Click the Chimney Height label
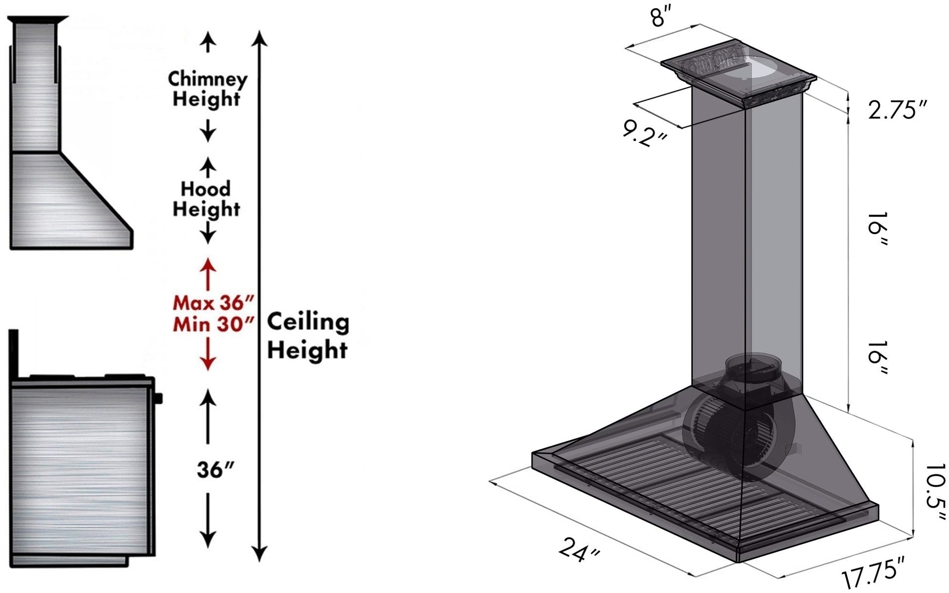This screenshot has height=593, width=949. point(207,89)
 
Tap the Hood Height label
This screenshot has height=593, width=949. point(206,198)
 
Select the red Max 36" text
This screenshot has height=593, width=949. point(213,303)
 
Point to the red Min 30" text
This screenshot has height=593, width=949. point(213,324)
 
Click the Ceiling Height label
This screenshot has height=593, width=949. point(308,336)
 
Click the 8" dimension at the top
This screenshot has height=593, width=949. point(664,18)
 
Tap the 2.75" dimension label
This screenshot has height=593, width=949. point(897,110)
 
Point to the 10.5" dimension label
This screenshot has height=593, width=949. point(934,493)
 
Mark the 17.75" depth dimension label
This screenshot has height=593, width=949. point(872,574)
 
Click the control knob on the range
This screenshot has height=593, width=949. point(158,398)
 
